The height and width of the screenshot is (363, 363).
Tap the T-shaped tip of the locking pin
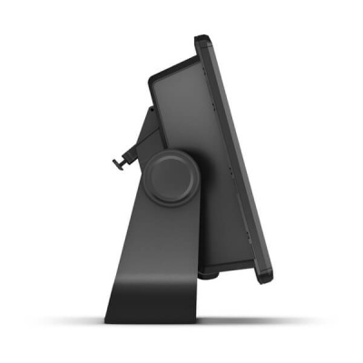click(115, 163)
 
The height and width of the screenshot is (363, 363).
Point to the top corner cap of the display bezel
click(202, 40)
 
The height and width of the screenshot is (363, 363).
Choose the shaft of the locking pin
click(125, 162)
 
